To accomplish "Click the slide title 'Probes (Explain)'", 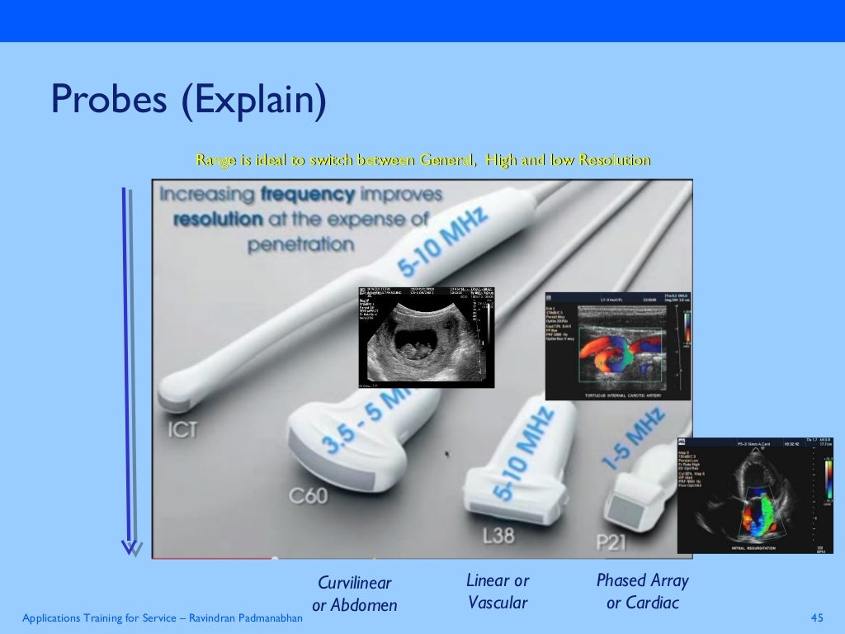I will point(189,101).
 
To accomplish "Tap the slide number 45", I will point(818,618).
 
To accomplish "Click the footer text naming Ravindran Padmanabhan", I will point(162,618).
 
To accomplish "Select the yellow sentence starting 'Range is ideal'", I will point(422,160).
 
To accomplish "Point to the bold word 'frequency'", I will point(308,196).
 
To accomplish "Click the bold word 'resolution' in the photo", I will point(218,220).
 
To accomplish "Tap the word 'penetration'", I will point(300,245).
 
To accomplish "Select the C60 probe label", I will point(308,496).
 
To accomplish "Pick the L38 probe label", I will point(498,535).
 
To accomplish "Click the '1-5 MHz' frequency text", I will point(634,444).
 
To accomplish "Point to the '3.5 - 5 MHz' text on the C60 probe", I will point(363,421).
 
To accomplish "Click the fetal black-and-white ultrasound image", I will point(426,337).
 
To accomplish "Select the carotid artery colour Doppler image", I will point(618,346).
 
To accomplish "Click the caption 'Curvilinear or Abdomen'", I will point(354,594).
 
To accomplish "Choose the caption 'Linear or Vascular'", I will point(498,591).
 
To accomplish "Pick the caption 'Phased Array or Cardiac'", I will point(642,591).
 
